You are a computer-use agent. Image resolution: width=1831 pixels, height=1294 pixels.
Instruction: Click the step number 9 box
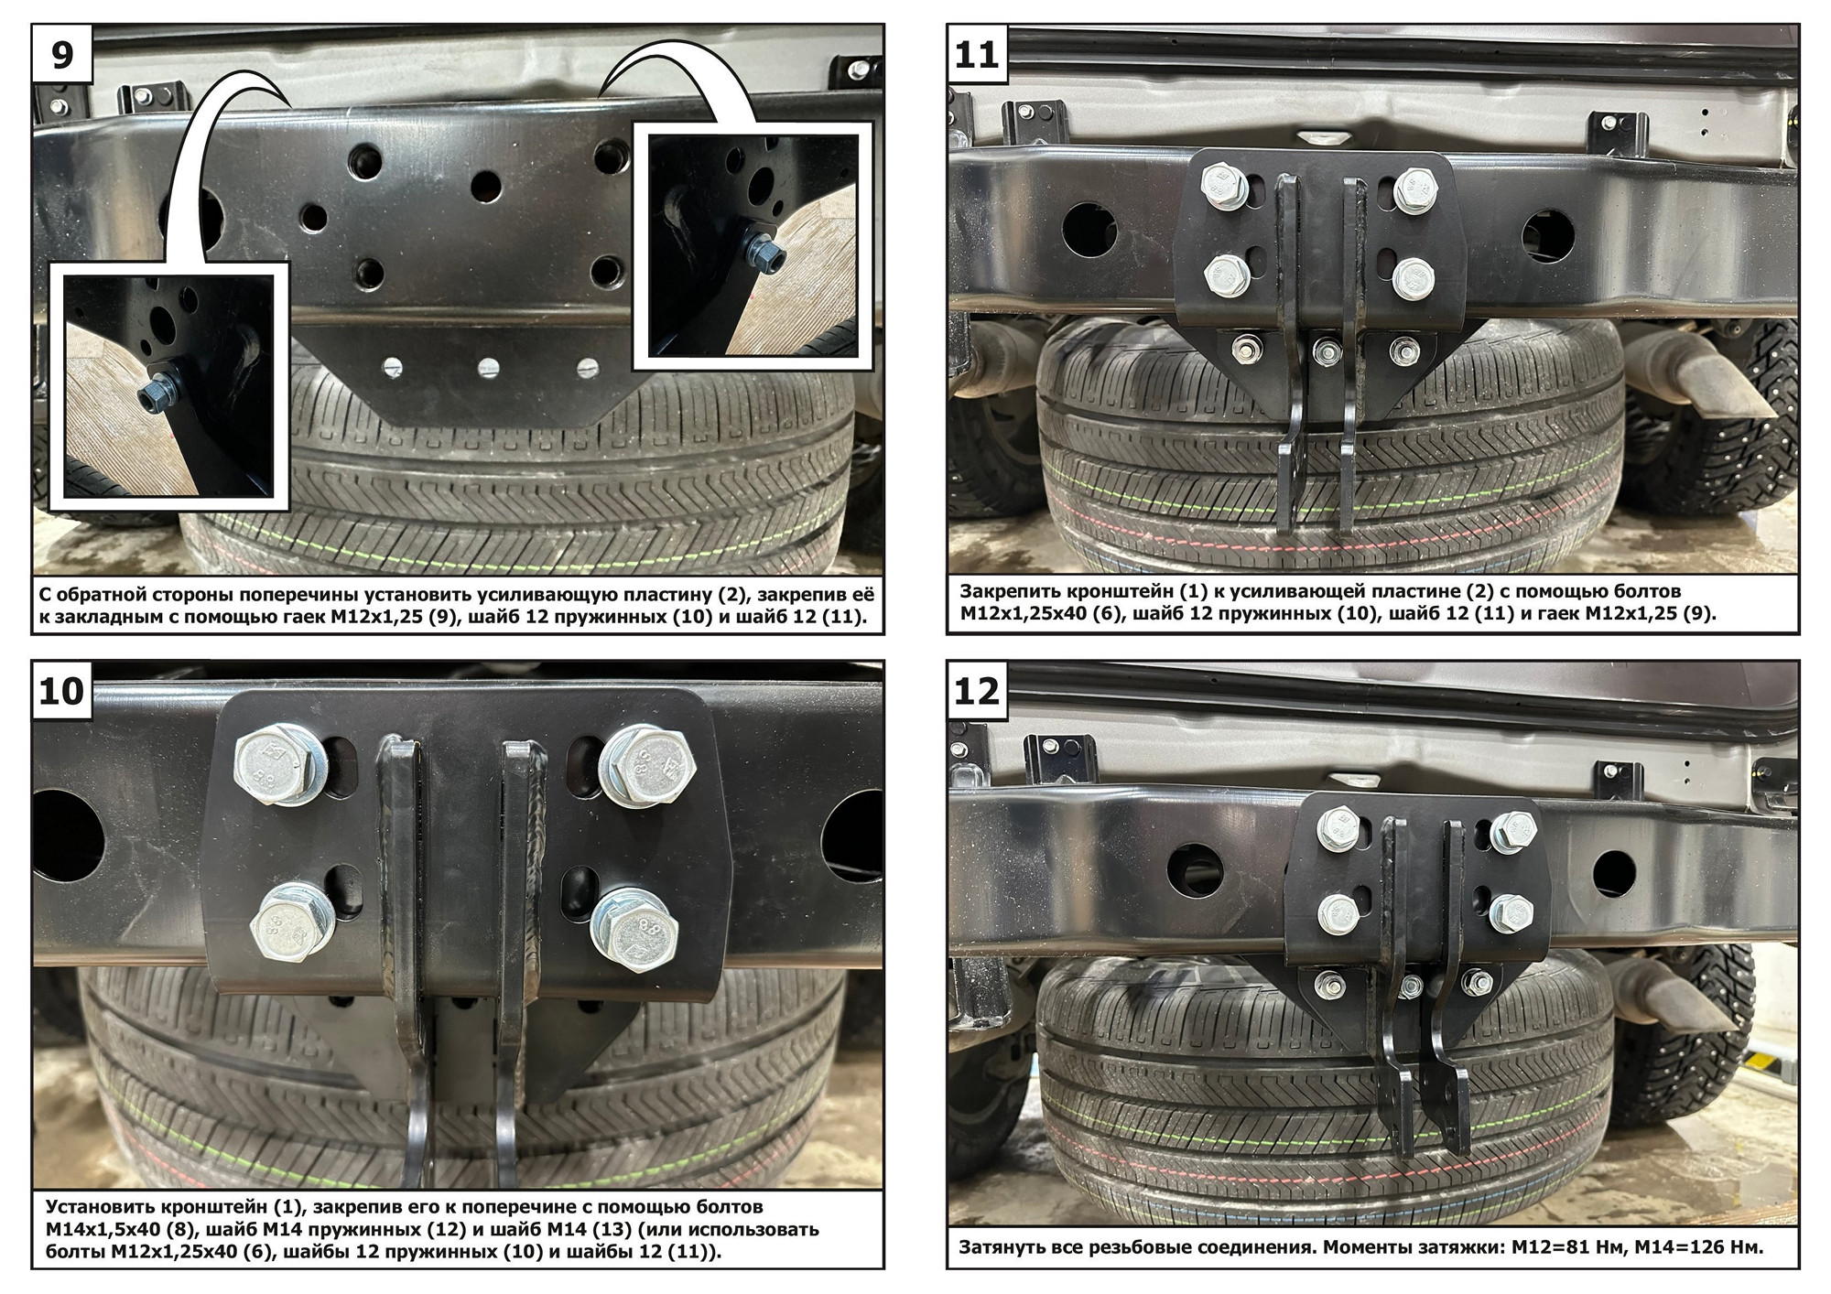pos(61,54)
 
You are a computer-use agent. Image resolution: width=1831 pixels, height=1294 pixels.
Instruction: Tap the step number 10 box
pos(61,691)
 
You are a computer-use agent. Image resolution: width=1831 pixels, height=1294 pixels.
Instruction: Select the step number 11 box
pos(977,54)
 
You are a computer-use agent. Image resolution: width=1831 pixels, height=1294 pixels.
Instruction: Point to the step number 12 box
pos(977,691)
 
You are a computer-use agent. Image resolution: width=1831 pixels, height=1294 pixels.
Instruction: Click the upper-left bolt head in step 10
pos(272,763)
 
